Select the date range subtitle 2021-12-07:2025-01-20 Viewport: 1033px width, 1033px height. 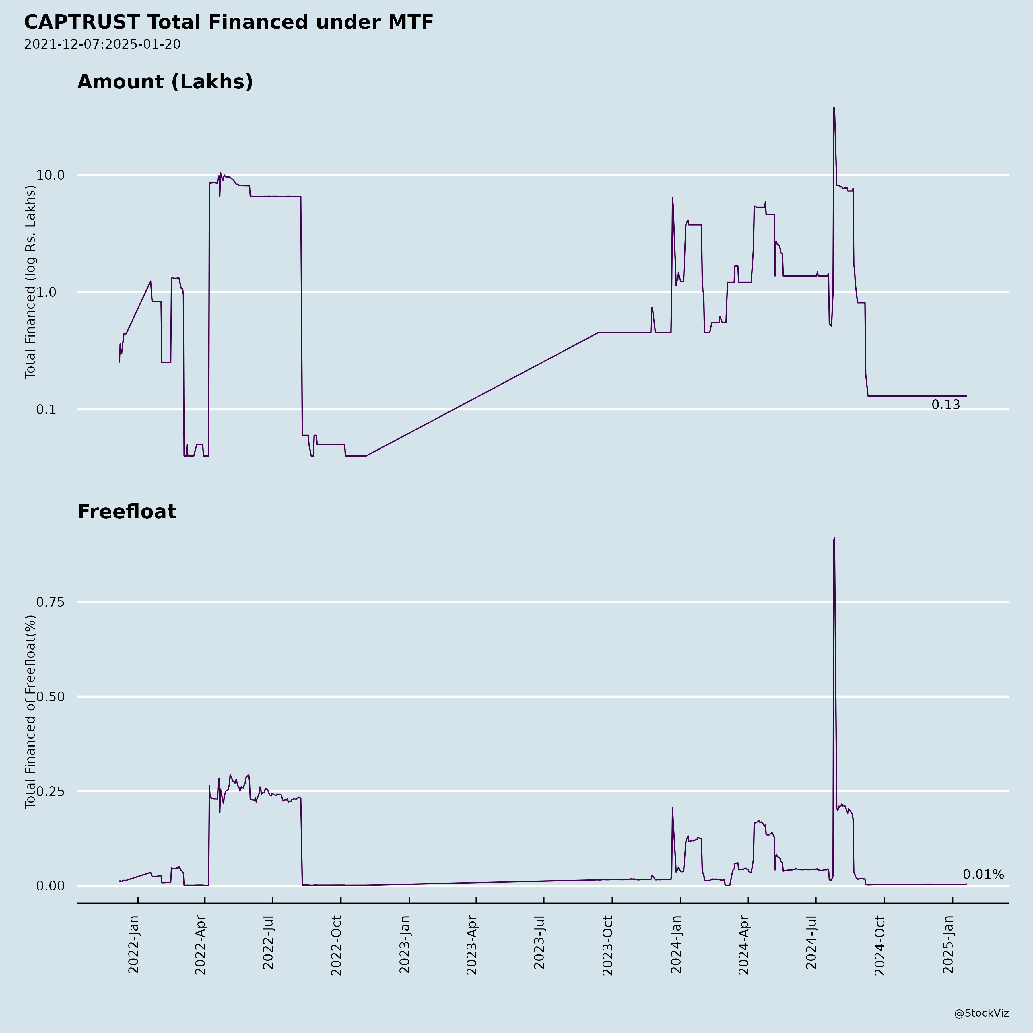click(x=102, y=44)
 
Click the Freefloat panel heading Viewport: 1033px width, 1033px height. click(x=127, y=512)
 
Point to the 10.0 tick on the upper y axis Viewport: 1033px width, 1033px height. click(x=50, y=175)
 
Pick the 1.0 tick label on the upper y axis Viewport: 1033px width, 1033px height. click(x=53, y=292)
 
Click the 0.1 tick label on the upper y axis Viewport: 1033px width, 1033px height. click(x=53, y=409)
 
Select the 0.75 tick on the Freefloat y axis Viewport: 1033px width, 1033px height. click(x=50, y=602)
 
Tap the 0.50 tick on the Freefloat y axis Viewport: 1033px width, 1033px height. click(x=50, y=697)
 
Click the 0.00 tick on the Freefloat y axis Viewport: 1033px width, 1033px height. click(x=50, y=886)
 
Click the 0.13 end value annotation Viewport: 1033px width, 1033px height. click(x=946, y=405)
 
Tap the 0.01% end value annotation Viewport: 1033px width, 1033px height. click(x=983, y=875)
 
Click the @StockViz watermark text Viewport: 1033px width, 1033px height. click(x=982, y=1013)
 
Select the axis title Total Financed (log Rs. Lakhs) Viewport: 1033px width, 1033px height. click(x=30, y=282)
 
